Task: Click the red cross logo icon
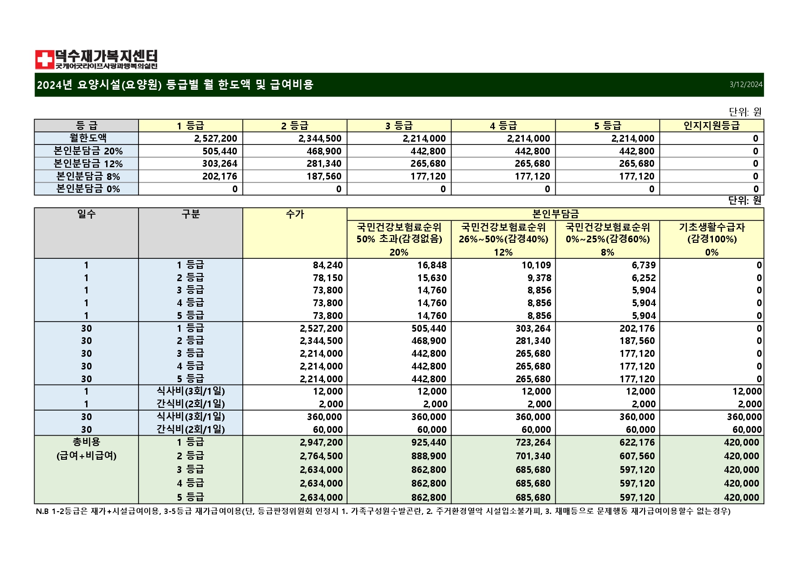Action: coord(45,60)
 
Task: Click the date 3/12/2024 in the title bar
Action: coord(746,85)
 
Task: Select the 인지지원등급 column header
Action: coord(712,126)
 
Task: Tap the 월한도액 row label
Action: coord(87,138)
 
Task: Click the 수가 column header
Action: coord(295,214)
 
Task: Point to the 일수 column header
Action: coord(87,214)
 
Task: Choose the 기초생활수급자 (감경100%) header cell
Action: coord(712,233)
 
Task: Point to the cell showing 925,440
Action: coord(429,442)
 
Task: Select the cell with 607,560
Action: coord(637,456)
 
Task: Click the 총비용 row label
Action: coord(87,442)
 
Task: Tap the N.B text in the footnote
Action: coord(42,511)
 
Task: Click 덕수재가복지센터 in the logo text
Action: coord(107,56)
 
